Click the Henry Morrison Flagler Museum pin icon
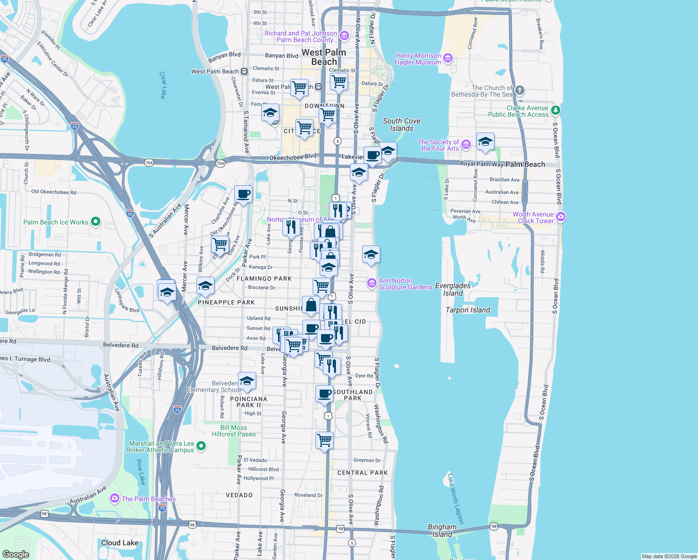pyautogui.click(x=448, y=58)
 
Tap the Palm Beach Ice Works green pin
pyautogui.click(x=96, y=222)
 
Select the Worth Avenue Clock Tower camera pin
pyautogui.click(x=561, y=217)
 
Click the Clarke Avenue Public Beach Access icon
pyautogui.click(x=555, y=111)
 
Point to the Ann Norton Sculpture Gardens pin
pyautogui.click(x=372, y=283)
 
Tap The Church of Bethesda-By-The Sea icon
pyautogui.click(x=520, y=91)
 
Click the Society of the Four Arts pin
pyautogui.click(x=466, y=145)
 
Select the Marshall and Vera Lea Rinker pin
pyautogui.click(x=201, y=446)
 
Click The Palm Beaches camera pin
pyautogui.click(x=114, y=498)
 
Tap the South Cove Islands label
pyautogui.click(x=401, y=125)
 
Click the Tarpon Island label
pyautogui.click(x=468, y=310)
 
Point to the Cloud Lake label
pyautogui.click(x=119, y=543)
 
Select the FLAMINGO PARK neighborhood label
pyautogui.click(x=264, y=279)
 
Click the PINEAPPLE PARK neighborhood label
pyautogui.click(x=226, y=302)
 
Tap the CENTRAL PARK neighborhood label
pyautogui.click(x=363, y=473)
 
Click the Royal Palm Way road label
pyautogui.click(x=482, y=164)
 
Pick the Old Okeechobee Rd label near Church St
pyautogui.click(x=53, y=192)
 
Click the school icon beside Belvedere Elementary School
pyautogui.click(x=247, y=380)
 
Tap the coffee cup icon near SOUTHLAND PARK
pyautogui.click(x=324, y=393)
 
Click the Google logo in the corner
pyautogui.click(x=15, y=554)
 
